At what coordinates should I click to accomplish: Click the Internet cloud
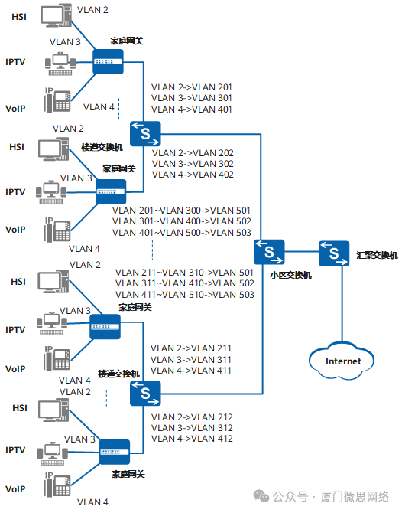point(342,361)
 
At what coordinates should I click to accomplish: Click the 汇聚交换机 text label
point(377,255)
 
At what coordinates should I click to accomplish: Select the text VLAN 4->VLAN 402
point(193,175)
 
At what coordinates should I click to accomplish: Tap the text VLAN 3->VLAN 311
point(192,359)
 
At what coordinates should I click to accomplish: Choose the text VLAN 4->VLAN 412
point(192,439)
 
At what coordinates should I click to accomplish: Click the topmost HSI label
point(18,17)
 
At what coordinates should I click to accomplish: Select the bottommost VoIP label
point(16,488)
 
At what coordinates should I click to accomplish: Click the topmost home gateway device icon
point(108,61)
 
